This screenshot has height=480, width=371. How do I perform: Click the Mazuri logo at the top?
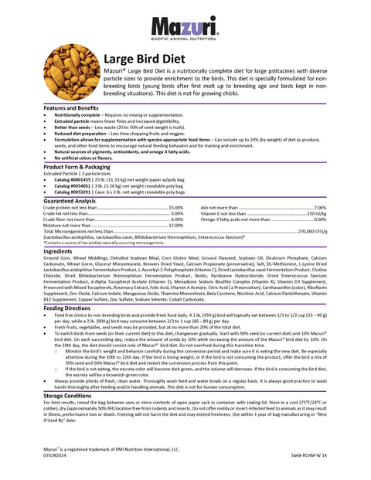pyautogui.click(x=185, y=27)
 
